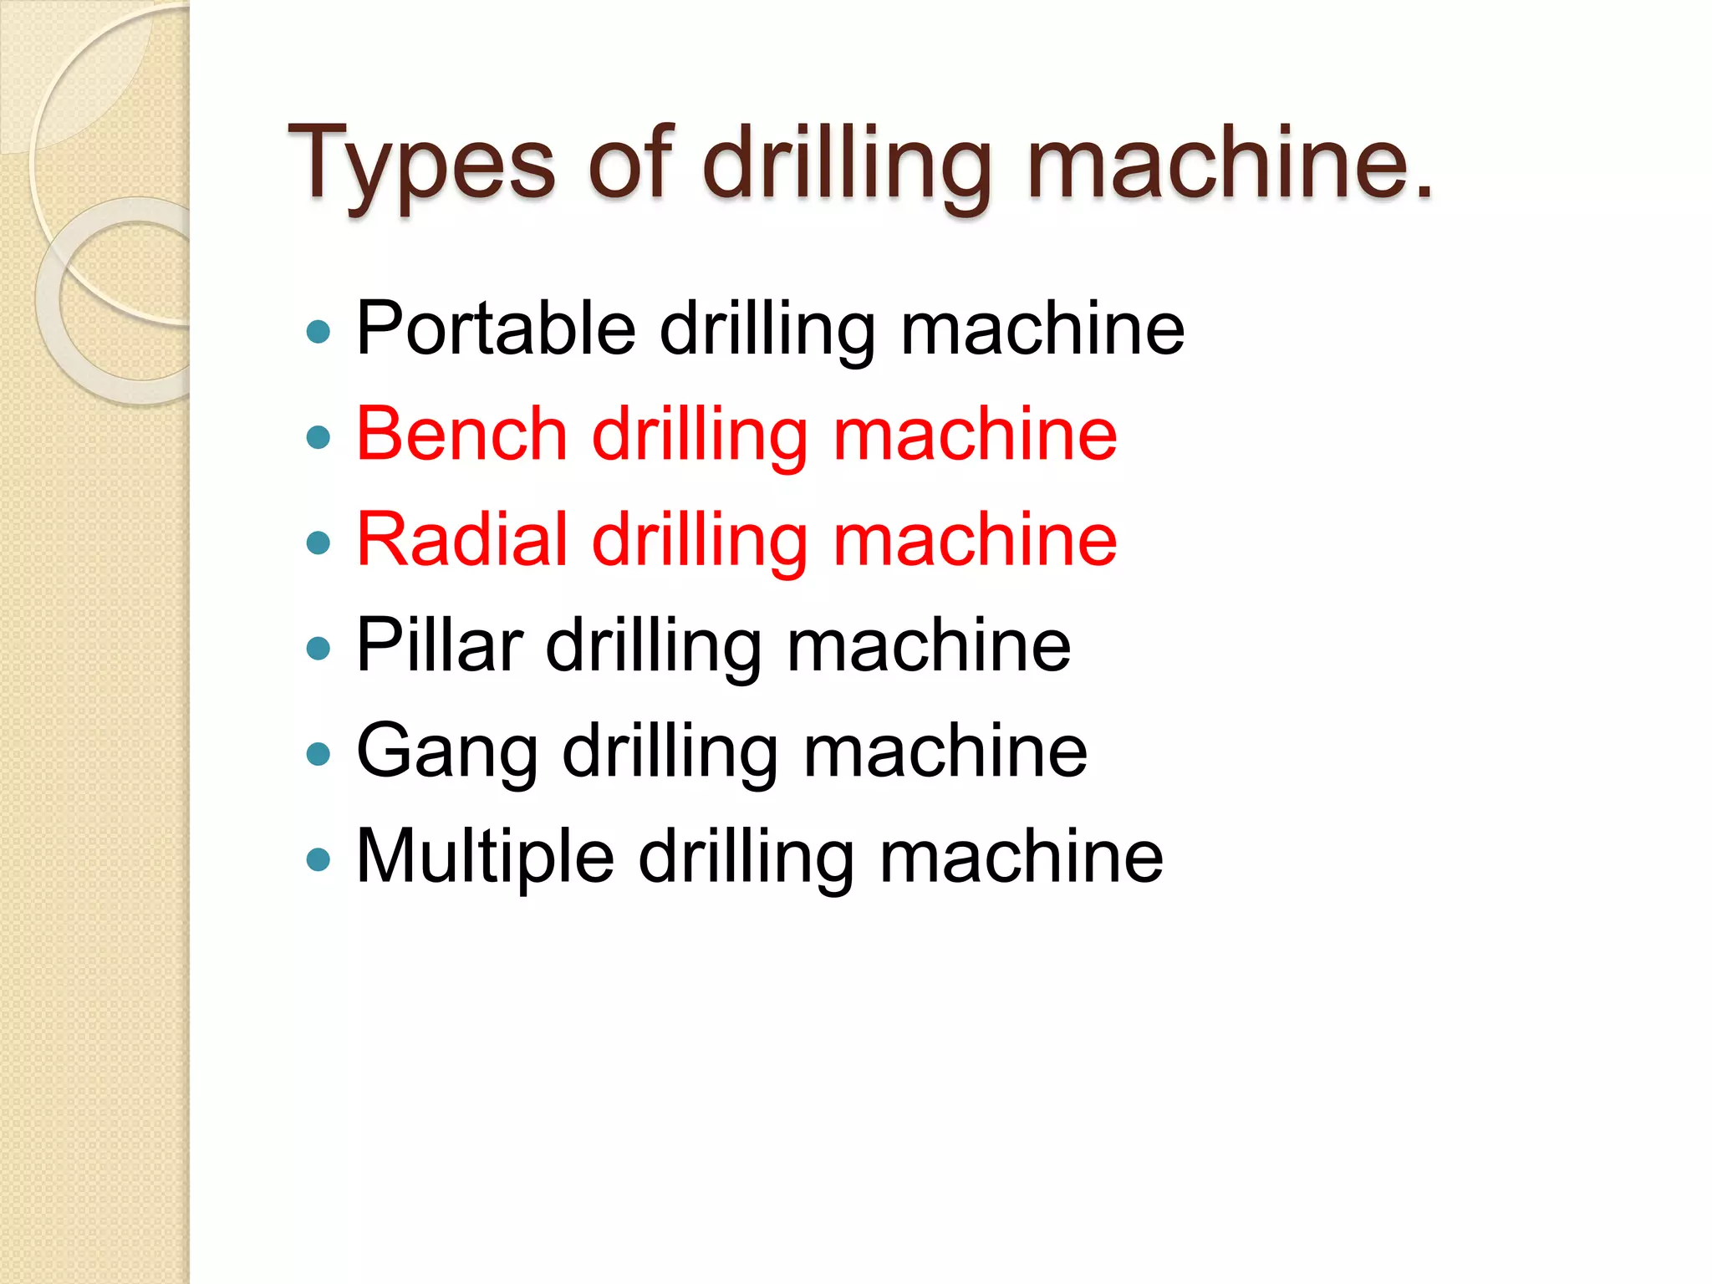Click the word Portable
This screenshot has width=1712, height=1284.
pyautogui.click(x=496, y=329)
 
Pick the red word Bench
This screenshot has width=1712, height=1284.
pyautogui.click(x=462, y=434)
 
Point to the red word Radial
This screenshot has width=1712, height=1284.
pyautogui.click(x=462, y=539)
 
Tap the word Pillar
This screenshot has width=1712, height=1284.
pyautogui.click(x=440, y=645)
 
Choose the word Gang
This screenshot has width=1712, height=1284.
pyautogui.click(x=447, y=752)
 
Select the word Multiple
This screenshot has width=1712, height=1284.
pyautogui.click(x=485, y=857)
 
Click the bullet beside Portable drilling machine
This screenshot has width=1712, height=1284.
pyautogui.click(x=318, y=333)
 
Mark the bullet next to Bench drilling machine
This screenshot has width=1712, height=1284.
pyautogui.click(x=318, y=437)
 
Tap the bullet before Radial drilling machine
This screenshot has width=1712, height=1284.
pyautogui.click(x=318, y=543)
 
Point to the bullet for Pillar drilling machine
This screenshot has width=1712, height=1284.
pyautogui.click(x=318, y=649)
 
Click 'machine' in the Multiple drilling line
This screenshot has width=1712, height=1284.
pyautogui.click(x=1022, y=856)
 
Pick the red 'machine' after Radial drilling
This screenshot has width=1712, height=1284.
pyautogui.click(x=976, y=539)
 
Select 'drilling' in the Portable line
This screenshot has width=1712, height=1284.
pyautogui.click(x=767, y=329)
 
